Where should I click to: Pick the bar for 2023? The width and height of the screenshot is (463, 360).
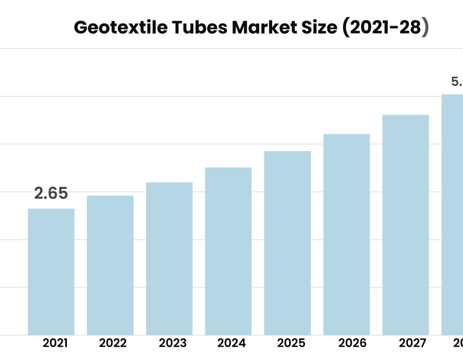pyautogui.click(x=169, y=258)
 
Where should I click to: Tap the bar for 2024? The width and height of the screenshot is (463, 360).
pyautogui.click(x=228, y=251)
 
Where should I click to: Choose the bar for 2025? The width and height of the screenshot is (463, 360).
pyautogui.click(x=288, y=243)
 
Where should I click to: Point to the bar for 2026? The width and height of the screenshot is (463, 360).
pyautogui.click(x=347, y=234)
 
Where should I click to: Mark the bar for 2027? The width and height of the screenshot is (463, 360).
pyautogui.click(x=406, y=225)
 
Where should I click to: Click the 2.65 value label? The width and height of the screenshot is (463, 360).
pyautogui.click(x=51, y=194)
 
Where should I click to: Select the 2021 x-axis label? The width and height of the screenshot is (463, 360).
pyautogui.click(x=55, y=343)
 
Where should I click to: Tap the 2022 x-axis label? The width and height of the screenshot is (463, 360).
pyautogui.click(x=113, y=343)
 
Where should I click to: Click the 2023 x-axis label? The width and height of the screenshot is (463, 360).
pyautogui.click(x=172, y=343)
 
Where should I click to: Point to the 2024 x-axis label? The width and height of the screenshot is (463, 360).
pyautogui.click(x=232, y=343)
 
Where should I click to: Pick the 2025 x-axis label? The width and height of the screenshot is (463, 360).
pyautogui.click(x=291, y=343)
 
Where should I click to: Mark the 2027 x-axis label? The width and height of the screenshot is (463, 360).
pyautogui.click(x=412, y=343)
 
